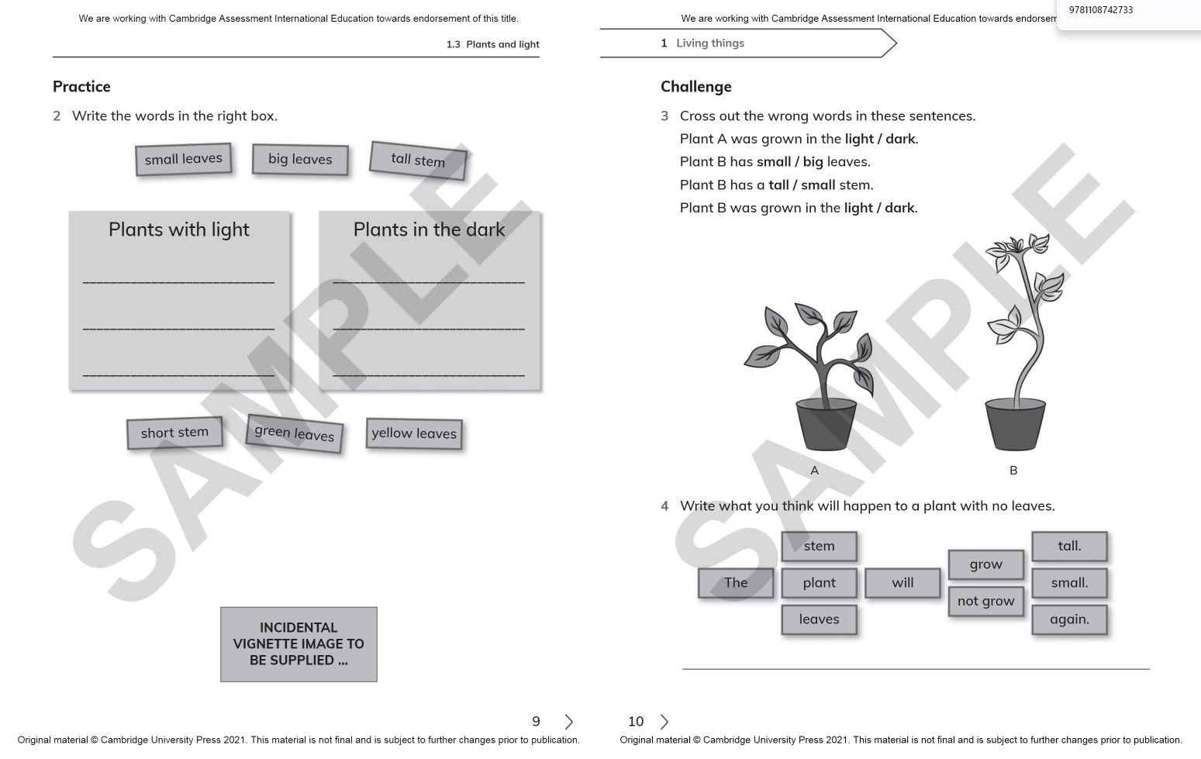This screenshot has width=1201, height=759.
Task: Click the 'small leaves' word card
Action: point(183,159)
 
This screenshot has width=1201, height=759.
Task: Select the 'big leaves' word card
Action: point(300,159)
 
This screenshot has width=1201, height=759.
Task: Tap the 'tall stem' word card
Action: point(418,160)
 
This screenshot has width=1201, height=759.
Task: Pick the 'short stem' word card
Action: point(174,433)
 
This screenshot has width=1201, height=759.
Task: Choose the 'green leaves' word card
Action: point(295,433)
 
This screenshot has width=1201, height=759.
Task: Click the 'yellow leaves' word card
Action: point(414,433)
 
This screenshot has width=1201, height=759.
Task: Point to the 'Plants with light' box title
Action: point(179,229)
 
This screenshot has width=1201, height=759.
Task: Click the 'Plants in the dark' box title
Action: point(429,229)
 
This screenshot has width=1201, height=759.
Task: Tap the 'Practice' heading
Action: point(81,87)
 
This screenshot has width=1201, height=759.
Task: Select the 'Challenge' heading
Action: point(695,87)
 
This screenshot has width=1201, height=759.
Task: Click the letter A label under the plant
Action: point(814,471)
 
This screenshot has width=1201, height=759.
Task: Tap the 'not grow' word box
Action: point(985,601)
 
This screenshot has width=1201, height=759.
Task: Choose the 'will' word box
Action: point(902,583)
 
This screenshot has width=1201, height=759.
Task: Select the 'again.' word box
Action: point(1069,619)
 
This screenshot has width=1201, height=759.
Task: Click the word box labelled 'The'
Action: point(736,583)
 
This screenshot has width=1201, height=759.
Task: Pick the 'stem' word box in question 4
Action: point(819,546)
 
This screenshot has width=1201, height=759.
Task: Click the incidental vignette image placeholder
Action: point(299,644)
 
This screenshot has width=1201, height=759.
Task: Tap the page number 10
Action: point(636,722)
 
